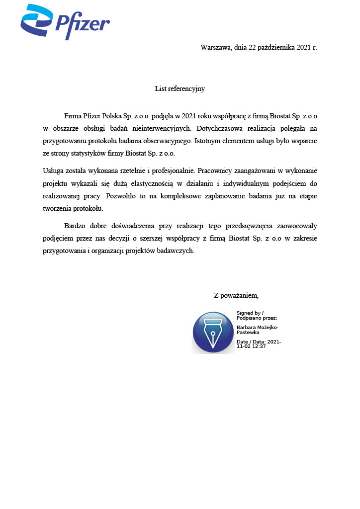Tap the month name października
[x=274, y=48]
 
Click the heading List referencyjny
[x=180, y=89]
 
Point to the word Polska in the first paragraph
[x=113, y=116]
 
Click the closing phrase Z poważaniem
[x=236, y=295]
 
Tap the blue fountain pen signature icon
[x=213, y=333]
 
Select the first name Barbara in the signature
[x=246, y=328]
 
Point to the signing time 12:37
[x=259, y=346]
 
